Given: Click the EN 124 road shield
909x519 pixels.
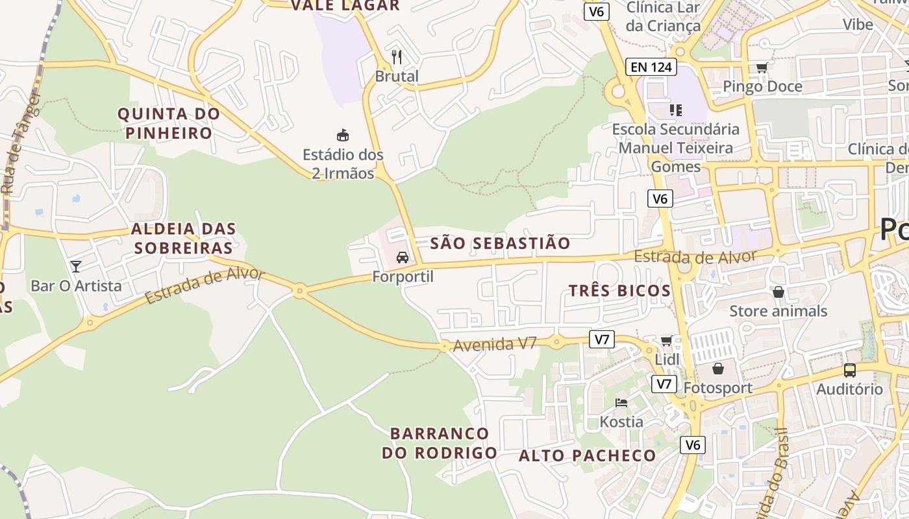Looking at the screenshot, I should [x=651, y=66].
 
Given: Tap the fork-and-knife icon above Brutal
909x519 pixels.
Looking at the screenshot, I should [x=397, y=57].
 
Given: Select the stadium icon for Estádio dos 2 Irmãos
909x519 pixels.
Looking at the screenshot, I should [x=342, y=135].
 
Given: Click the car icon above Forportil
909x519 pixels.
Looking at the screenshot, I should [x=403, y=257].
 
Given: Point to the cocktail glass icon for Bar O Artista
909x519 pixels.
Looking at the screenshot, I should [x=76, y=266].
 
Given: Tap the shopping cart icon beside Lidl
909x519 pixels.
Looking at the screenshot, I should [x=666, y=341].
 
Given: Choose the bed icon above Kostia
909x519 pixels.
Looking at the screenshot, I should [x=621, y=403].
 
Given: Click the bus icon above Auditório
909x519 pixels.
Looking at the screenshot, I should [x=849, y=370].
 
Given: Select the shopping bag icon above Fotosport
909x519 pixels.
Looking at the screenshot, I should [x=718, y=368].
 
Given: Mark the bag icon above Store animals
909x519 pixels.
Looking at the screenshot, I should [x=778, y=292].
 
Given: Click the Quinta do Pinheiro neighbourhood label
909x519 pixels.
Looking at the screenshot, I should [x=169, y=123].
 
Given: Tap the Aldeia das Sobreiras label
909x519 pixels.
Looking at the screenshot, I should [x=183, y=238].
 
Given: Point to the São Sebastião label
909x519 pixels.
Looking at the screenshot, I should [x=500, y=243].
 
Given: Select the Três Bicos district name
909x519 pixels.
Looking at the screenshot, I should [x=619, y=291].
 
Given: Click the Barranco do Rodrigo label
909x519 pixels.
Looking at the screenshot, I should [x=440, y=442].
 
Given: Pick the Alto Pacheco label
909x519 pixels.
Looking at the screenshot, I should [x=587, y=455].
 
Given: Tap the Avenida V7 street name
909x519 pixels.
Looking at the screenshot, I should [x=495, y=344].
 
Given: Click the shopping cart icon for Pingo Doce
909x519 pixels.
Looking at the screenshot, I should [x=762, y=67].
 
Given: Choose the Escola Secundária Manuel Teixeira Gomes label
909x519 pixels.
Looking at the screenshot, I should [x=675, y=148].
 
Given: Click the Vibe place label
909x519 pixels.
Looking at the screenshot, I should [x=858, y=25].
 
